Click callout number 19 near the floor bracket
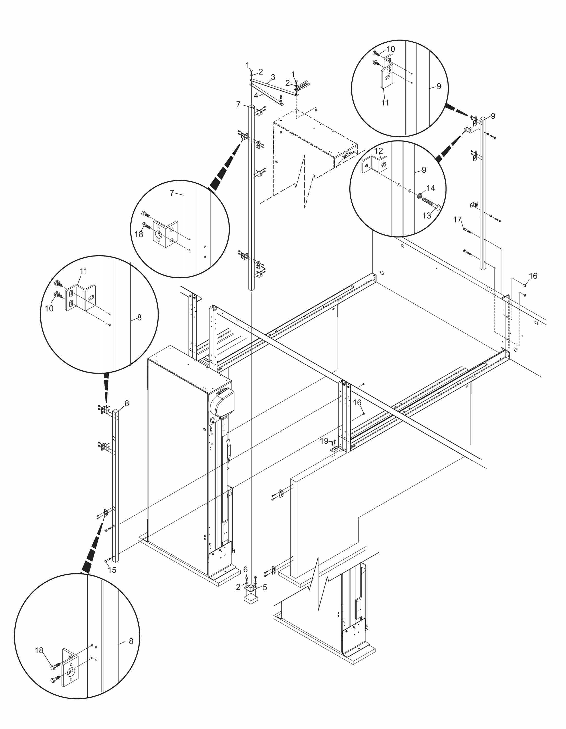coord(324,441)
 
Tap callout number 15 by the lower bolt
coord(112,570)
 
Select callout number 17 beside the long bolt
coord(457,220)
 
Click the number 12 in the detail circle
coord(378,151)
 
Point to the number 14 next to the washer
coord(431,188)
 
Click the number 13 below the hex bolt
coord(427,216)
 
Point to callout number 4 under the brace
coord(256,96)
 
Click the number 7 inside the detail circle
coord(172,193)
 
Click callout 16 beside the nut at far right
coord(533,276)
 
